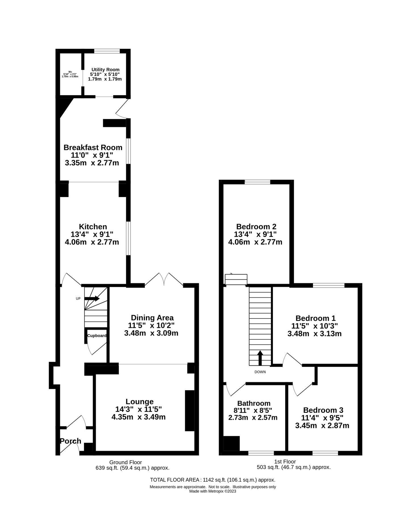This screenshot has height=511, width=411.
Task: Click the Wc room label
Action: point(70,72)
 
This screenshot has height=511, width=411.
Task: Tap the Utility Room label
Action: point(105,70)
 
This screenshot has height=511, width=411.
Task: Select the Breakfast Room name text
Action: point(93,147)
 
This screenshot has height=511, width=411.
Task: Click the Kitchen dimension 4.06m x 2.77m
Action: point(92,242)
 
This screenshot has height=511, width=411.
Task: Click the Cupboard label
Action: point(97,336)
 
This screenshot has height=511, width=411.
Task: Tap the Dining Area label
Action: point(152,318)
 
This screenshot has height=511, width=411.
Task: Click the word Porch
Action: point(71,441)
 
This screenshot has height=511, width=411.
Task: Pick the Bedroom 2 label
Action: point(256,227)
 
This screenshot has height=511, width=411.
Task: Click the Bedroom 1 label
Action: point(315,318)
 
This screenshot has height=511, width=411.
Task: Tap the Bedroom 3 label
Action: point(323,410)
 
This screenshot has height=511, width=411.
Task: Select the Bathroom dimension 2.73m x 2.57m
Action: point(253,418)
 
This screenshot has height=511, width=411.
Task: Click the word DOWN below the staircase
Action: point(260,372)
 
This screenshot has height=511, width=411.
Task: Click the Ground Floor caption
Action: point(126,462)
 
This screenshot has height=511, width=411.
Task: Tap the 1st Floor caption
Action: point(285,462)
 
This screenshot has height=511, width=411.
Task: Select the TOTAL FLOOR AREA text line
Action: point(212,480)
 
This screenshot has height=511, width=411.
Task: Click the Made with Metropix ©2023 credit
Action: point(212,491)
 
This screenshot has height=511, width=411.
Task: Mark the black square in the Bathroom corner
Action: point(231,443)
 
